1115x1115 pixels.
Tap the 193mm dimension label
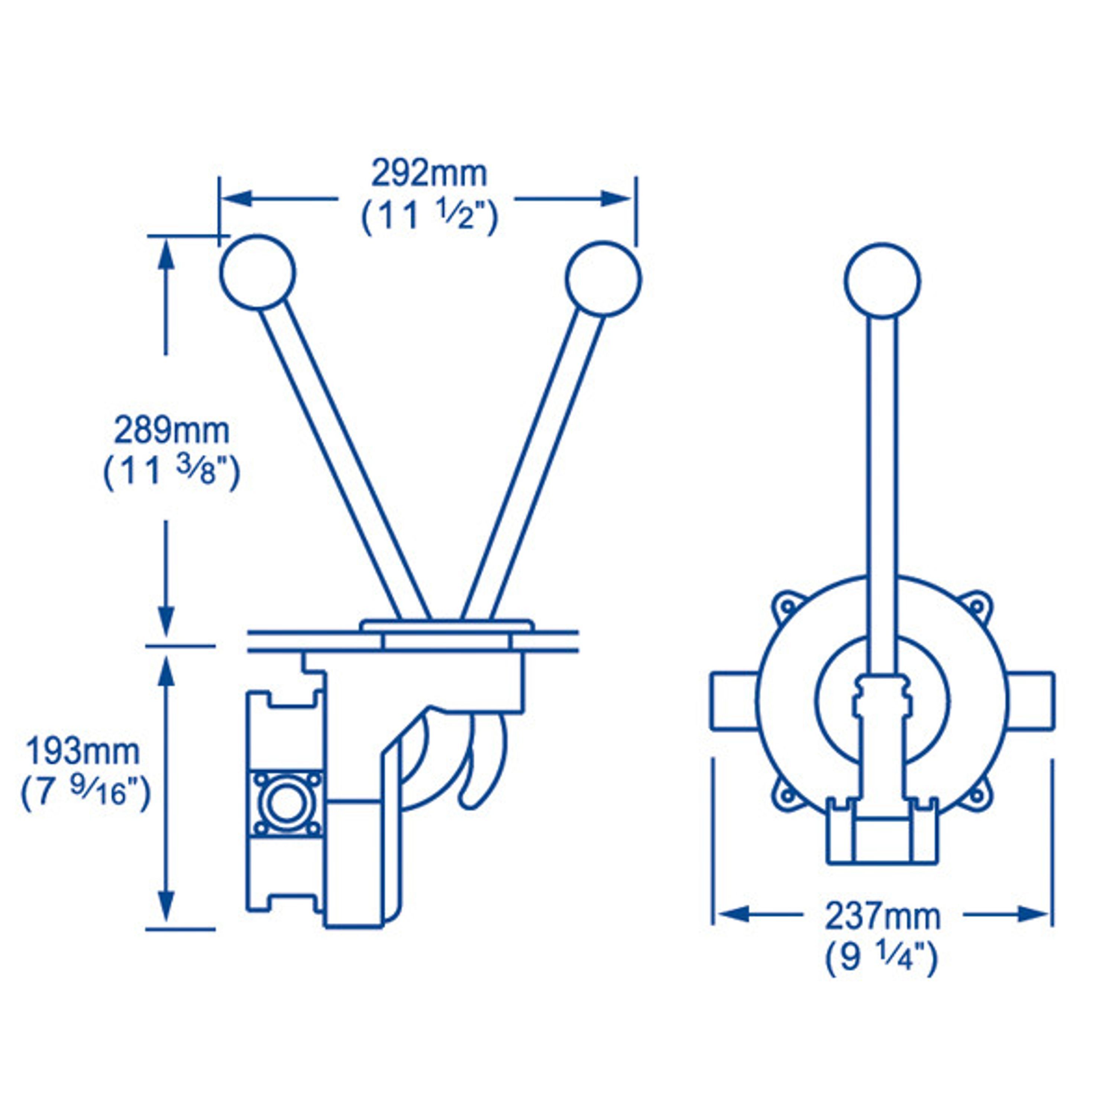pos(83,752)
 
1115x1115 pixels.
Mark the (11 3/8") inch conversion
pos(171,474)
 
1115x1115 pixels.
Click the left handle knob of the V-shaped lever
pos(258,272)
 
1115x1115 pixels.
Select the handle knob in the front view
pos(882,281)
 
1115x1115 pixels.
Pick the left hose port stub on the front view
pos(734,701)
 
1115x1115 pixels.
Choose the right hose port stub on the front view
pos(1031,701)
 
